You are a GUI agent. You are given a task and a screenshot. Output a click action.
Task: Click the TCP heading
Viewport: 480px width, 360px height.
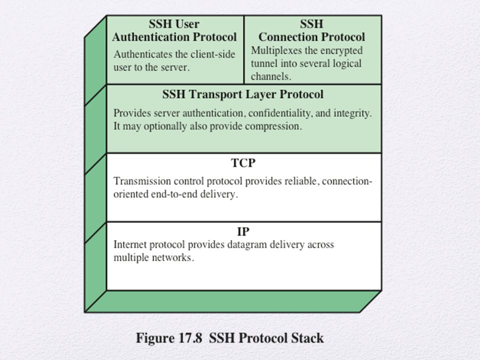click(x=243, y=163)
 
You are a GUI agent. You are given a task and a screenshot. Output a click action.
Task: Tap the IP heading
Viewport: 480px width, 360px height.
click(x=243, y=231)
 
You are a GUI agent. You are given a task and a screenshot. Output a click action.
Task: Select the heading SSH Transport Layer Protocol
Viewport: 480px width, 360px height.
click(x=243, y=94)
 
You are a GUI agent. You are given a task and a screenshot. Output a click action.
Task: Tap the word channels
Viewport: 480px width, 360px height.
click(x=270, y=76)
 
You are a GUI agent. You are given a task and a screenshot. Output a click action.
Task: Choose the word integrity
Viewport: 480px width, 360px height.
click(x=352, y=113)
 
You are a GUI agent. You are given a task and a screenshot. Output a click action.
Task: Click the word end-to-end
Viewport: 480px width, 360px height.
click(x=174, y=194)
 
